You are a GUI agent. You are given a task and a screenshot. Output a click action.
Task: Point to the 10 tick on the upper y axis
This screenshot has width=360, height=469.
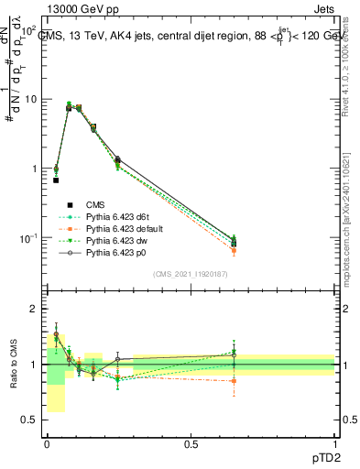point(34,99)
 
